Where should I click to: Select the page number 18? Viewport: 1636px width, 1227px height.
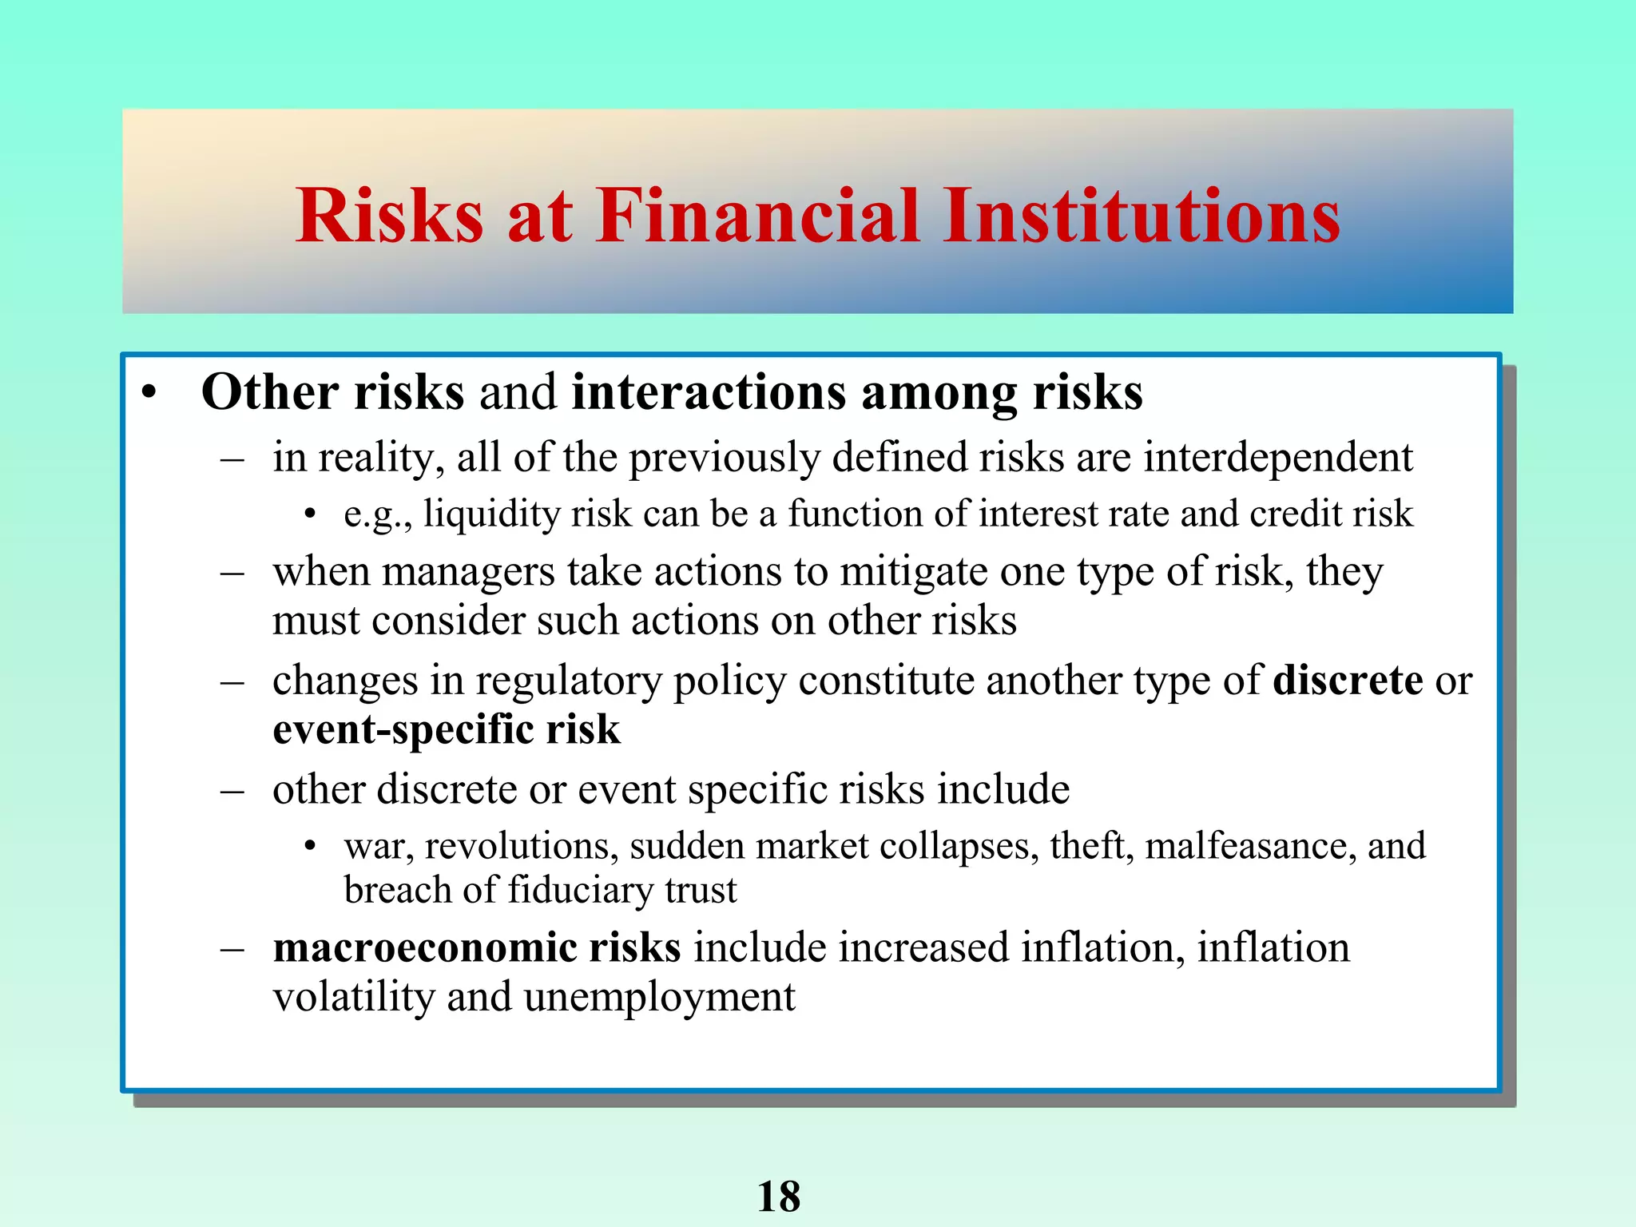[x=778, y=1196]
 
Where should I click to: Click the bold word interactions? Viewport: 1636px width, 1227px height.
[x=709, y=392]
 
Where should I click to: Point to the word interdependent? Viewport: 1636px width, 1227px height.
[x=1278, y=457]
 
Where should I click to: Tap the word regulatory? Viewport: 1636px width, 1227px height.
[x=569, y=681]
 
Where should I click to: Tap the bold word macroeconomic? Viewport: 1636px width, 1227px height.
[x=425, y=947]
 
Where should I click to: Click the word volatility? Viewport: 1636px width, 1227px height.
[x=353, y=997]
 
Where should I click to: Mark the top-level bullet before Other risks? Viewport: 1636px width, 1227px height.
[x=149, y=394]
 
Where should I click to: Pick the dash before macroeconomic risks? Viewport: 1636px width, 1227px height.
[x=232, y=949]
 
